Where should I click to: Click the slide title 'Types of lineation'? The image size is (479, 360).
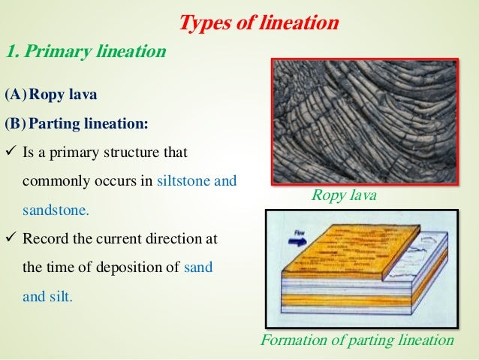[x=258, y=23]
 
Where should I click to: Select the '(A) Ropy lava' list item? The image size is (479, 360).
[x=52, y=97]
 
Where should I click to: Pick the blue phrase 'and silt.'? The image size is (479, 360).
[x=48, y=296]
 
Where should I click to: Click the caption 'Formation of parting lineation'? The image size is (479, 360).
[x=357, y=340]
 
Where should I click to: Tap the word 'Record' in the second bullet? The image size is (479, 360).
[x=47, y=239]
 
